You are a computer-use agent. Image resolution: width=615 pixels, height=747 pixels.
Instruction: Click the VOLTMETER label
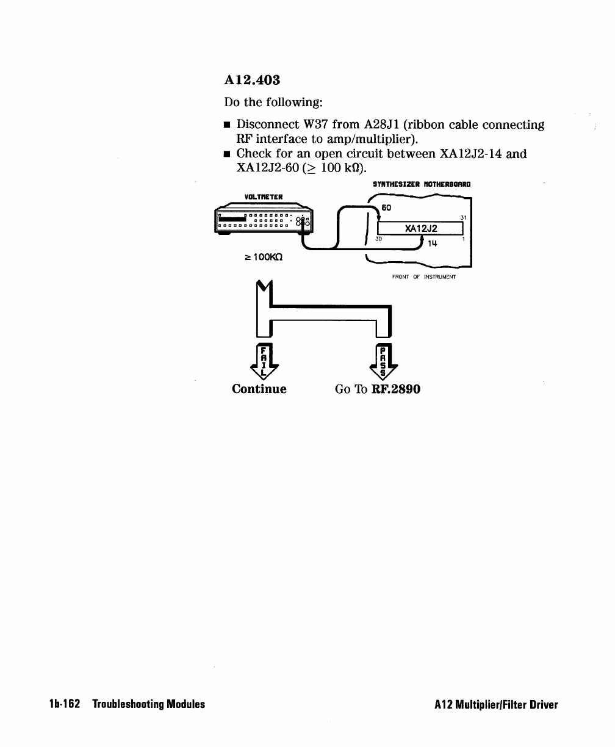coord(261,197)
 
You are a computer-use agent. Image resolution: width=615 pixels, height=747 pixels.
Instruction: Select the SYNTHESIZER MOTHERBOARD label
coord(422,184)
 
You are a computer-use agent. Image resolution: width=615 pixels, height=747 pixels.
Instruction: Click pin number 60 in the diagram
coord(386,208)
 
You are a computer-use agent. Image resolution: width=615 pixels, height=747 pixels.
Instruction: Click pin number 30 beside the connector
coord(379,239)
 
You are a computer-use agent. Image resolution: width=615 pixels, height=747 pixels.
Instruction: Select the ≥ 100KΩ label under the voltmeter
coord(259,258)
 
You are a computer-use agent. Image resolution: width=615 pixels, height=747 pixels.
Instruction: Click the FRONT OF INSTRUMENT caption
coord(423,276)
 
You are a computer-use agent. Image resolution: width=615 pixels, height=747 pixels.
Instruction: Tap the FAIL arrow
coord(263,361)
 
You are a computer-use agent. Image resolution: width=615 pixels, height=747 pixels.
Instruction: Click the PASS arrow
coord(383,361)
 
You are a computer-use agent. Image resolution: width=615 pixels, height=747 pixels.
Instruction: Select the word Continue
coord(259,389)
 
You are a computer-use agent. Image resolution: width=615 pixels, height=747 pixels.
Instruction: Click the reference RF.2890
coord(395,389)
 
